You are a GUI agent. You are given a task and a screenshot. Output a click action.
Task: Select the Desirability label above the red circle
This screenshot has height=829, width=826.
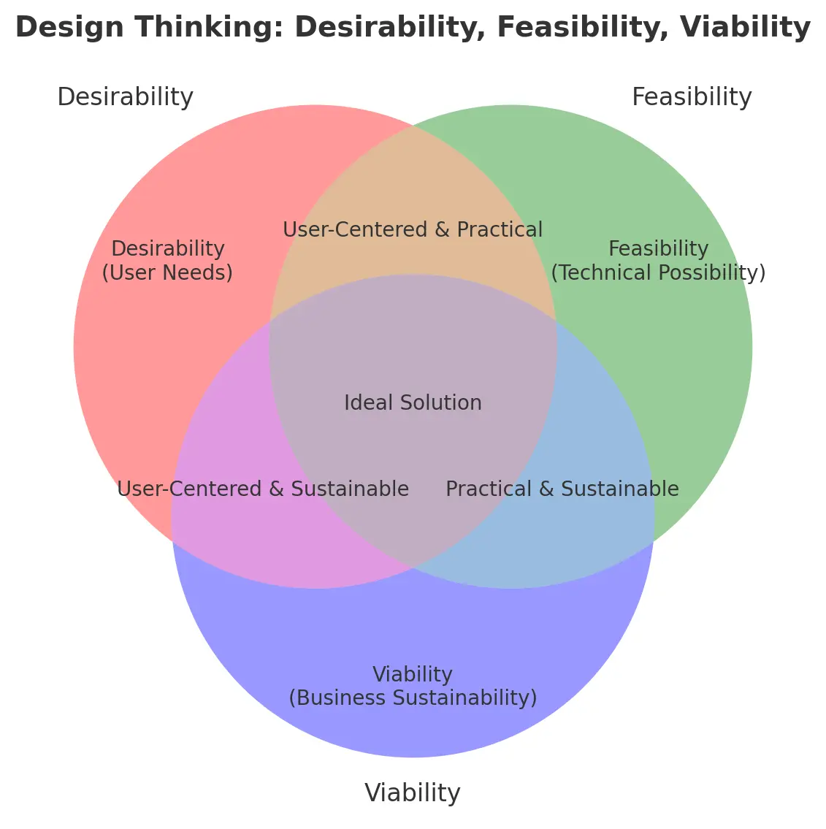click(125, 97)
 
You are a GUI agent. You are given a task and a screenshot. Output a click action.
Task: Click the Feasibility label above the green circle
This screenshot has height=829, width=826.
click(691, 97)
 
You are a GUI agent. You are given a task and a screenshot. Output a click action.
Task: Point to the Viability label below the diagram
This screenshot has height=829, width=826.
click(413, 793)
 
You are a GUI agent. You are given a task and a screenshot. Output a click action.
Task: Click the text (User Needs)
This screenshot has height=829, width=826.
click(167, 273)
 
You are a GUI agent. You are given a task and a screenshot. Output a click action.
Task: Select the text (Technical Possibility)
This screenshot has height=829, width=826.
click(658, 273)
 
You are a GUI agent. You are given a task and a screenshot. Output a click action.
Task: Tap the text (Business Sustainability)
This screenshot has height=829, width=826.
click(413, 698)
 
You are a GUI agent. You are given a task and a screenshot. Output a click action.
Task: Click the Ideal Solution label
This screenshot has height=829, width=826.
click(413, 403)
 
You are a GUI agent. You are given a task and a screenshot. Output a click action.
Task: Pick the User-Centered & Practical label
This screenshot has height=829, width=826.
click(413, 230)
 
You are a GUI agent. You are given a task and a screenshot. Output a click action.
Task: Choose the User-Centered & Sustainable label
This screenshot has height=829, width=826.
click(263, 489)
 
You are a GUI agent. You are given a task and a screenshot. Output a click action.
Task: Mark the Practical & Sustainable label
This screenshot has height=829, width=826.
click(562, 489)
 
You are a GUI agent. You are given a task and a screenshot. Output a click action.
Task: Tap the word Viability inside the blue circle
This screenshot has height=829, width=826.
click(413, 674)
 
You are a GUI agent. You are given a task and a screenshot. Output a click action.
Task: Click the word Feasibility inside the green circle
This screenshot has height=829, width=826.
click(658, 249)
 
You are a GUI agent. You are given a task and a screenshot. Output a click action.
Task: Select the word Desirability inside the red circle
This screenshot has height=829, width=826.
click(167, 249)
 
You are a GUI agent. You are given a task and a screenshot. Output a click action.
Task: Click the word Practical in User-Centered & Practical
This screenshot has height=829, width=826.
click(500, 230)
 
